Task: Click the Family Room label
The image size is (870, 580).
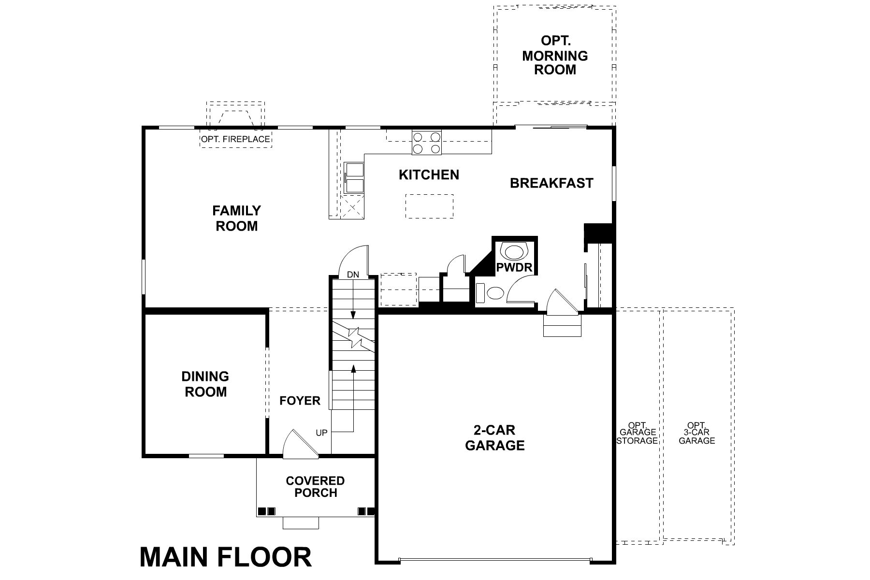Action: [236, 218]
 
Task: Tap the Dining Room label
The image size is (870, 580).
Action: [205, 384]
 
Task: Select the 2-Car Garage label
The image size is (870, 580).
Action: [494, 438]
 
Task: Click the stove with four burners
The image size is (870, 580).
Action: [426, 143]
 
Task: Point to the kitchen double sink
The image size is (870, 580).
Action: [355, 177]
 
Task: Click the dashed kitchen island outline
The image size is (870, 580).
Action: [429, 206]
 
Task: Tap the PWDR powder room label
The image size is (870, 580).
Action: [514, 267]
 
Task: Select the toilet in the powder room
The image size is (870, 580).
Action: [495, 292]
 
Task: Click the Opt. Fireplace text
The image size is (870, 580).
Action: [235, 140]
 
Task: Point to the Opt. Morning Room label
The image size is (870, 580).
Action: [555, 55]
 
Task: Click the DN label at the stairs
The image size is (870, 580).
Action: [353, 275]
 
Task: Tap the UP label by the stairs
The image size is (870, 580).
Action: [321, 433]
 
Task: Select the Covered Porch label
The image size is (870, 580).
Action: [315, 487]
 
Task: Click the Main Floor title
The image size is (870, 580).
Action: [226, 557]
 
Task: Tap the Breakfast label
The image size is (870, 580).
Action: [551, 183]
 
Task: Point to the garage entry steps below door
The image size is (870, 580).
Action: [562, 325]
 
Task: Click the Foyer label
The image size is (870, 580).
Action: [300, 401]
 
